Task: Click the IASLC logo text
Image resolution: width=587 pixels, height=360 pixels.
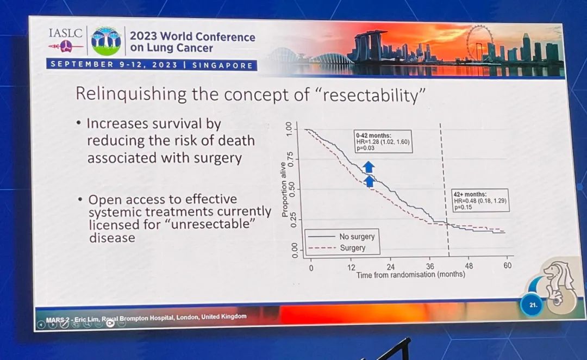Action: coord(65,33)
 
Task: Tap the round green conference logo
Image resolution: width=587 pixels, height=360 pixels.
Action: coord(106,41)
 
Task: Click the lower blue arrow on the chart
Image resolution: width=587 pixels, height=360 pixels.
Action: coord(369,181)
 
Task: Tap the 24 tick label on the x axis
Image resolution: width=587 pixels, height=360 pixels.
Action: coord(390,266)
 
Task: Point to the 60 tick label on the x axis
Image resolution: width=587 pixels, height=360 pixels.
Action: coord(507,265)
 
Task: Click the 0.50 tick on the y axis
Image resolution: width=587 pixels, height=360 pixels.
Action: coord(294,189)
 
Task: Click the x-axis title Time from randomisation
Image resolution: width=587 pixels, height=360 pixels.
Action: coord(410,275)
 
